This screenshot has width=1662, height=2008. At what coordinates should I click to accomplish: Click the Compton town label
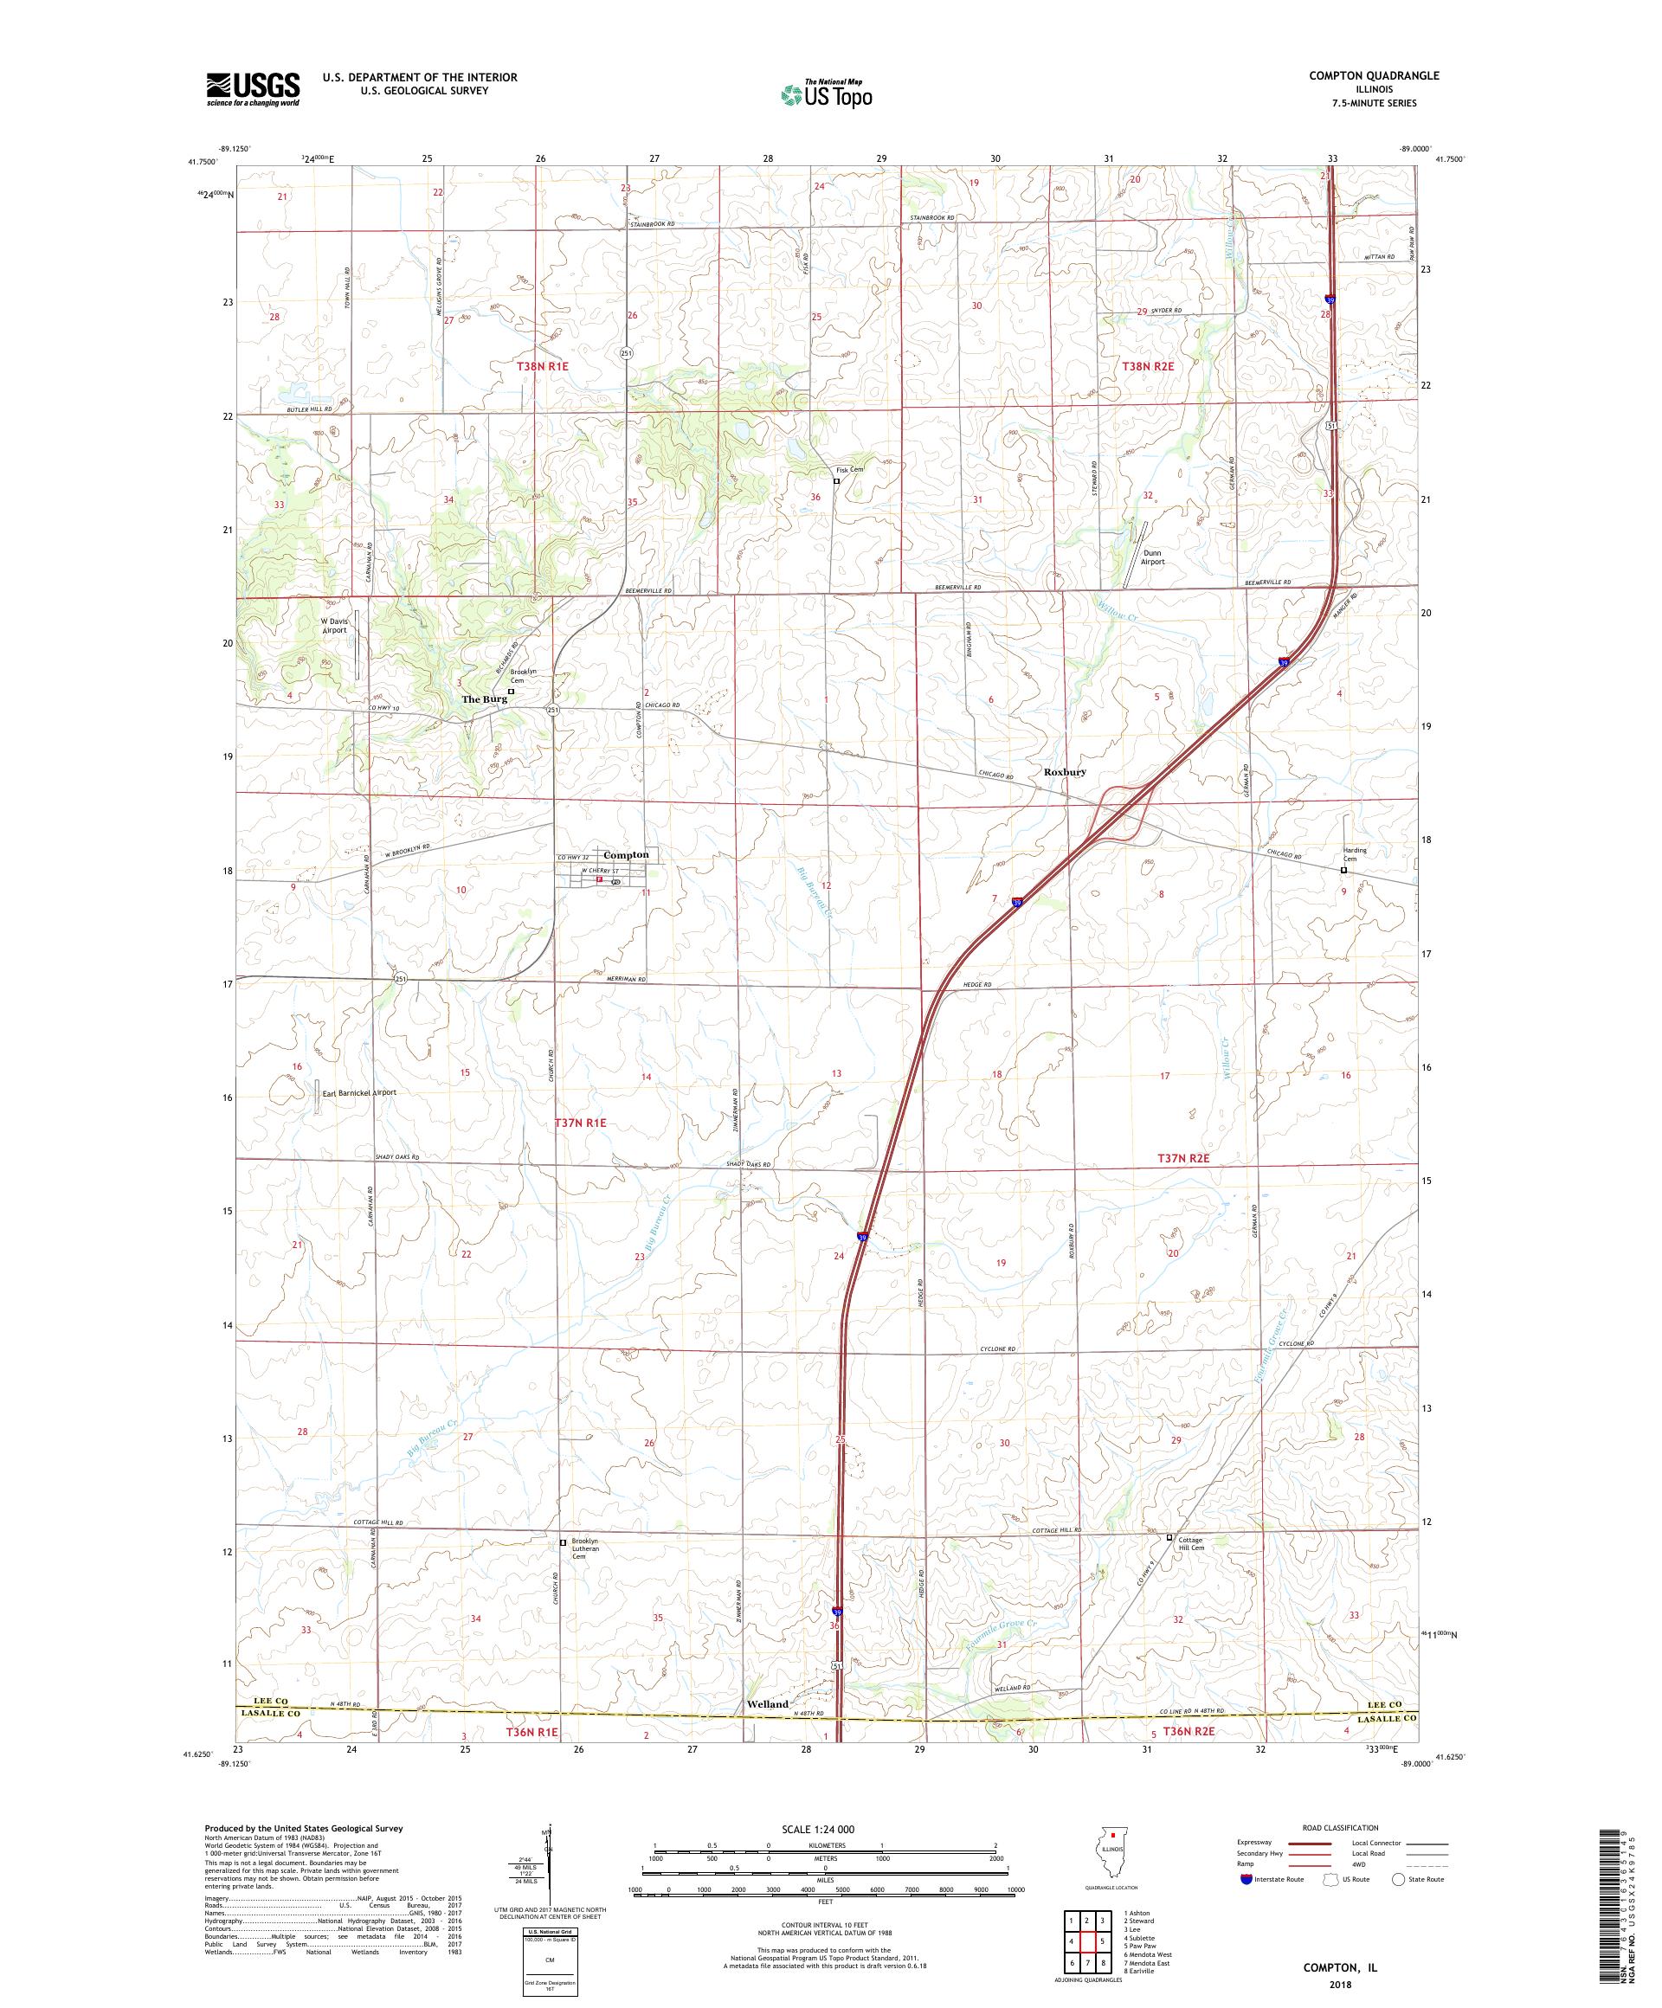pos(625,855)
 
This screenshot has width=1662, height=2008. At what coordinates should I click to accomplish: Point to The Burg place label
pos(484,699)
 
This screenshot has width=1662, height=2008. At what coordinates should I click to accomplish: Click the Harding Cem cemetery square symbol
pos(1343,870)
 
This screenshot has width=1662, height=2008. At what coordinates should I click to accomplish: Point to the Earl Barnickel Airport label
pos(358,1092)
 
